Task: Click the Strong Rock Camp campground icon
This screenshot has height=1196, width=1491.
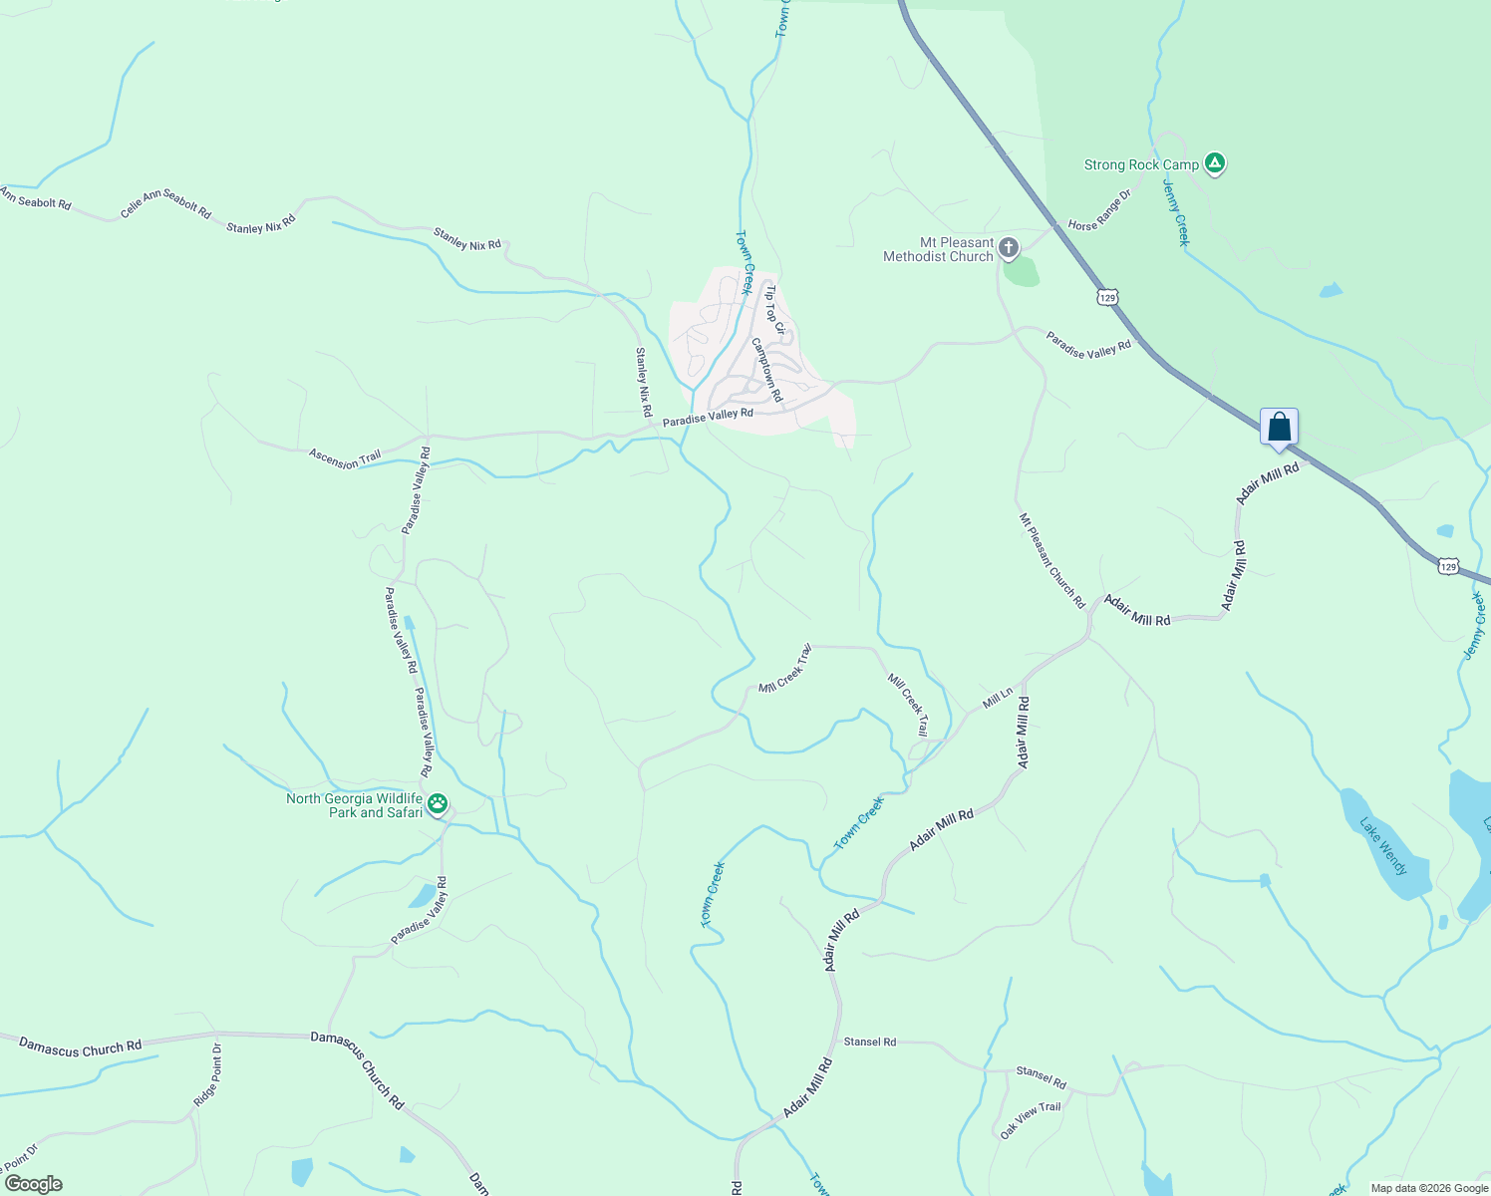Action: (x=1214, y=162)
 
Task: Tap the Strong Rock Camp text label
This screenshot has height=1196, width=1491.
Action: (x=1141, y=165)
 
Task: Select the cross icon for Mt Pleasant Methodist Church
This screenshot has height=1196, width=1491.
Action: (x=1009, y=247)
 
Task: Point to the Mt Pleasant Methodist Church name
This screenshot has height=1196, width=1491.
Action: (x=938, y=249)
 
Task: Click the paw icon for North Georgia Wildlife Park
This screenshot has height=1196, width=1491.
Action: (x=437, y=803)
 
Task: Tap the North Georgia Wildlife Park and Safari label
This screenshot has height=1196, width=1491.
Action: (x=355, y=805)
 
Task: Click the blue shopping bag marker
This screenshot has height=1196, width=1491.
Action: (x=1279, y=428)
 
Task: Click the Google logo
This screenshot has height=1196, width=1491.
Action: (x=33, y=1184)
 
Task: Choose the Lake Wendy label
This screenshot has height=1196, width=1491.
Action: (x=1383, y=846)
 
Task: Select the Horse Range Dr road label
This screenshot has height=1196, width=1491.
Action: (x=1099, y=210)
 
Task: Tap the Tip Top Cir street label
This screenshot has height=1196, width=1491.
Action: (x=775, y=309)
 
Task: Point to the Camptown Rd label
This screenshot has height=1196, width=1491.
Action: (x=767, y=369)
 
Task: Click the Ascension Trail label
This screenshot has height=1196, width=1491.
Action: (x=345, y=458)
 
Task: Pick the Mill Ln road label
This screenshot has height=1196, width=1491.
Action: (x=997, y=698)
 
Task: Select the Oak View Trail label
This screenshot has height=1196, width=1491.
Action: (x=1031, y=1120)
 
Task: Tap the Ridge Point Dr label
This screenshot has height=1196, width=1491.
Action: (x=207, y=1074)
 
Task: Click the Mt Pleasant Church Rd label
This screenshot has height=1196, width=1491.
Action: (x=1051, y=560)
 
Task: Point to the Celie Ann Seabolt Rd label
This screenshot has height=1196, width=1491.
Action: (x=165, y=204)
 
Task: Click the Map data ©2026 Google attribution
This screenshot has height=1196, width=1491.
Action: (x=1429, y=1188)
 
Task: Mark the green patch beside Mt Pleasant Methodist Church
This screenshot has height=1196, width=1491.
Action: (x=1022, y=271)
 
